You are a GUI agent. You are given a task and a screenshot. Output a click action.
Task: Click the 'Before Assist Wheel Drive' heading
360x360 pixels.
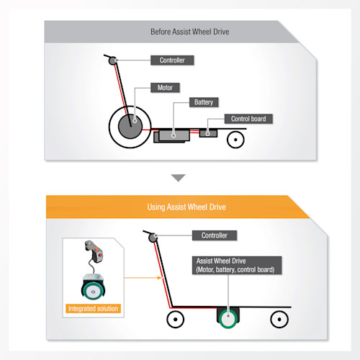(189, 32)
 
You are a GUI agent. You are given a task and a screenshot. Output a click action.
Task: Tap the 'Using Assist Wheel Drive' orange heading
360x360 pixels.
(186, 207)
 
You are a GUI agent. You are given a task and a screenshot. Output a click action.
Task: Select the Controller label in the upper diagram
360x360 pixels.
(172, 60)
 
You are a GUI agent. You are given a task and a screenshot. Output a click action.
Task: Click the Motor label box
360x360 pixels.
(165, 88)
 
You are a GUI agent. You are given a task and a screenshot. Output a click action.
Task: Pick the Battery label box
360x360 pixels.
(204, 102)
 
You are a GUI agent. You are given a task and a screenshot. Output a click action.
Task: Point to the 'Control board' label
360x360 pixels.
(248, 119)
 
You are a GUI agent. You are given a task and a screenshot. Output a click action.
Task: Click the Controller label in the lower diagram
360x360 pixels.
(215, 235)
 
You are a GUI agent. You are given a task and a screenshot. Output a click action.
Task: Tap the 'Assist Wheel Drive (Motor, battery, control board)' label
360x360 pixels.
(237, 265)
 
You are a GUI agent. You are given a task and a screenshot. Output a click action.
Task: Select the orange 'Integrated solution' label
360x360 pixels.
(93, 308)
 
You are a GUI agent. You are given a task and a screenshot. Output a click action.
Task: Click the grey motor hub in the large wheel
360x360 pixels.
(130, 127)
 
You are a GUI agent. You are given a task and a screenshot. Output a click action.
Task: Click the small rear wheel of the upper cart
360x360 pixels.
(235, 140)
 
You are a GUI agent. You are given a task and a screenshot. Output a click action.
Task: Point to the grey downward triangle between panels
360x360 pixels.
(179, 178)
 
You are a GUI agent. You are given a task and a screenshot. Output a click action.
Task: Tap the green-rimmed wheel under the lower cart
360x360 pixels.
(228, 319)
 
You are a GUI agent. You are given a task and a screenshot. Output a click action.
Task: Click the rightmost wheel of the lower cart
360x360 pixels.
(279, 320)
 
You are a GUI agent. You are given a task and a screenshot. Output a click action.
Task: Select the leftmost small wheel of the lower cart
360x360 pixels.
(176, 320)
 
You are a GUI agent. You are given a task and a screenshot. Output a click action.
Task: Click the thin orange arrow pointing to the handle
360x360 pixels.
(143, 278)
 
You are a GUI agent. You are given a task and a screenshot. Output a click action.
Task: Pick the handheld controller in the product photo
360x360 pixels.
(94, 251)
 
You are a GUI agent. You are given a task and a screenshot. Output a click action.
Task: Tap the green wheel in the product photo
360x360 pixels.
(93, 292)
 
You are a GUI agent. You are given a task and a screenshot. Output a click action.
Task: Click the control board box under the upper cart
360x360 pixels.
(208, 133)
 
